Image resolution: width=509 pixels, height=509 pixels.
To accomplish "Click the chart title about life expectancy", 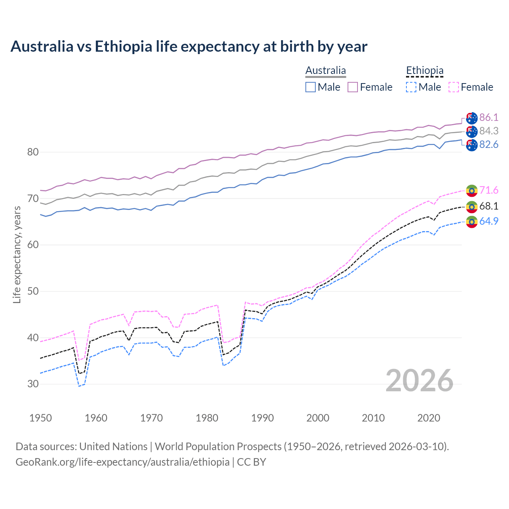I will (189, 47).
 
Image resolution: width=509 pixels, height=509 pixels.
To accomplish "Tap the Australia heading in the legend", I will (325, 70).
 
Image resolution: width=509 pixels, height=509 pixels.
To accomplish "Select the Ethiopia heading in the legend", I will (424, 70).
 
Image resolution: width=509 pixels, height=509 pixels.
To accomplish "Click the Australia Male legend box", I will (311, 87).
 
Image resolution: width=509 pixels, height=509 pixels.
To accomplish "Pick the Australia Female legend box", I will (353, 87).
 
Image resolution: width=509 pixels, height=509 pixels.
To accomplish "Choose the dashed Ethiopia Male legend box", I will (411, 87).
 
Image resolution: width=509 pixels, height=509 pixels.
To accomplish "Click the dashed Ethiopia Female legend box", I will (454, 87).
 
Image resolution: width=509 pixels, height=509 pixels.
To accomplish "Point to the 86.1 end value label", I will (489, 117).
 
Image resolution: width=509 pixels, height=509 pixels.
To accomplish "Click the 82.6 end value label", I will (489, 144).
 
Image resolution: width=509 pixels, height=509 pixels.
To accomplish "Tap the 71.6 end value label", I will (489, 190).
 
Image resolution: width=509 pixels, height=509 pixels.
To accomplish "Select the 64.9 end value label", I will (489, 221).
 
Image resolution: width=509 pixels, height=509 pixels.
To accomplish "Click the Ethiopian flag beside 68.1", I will (472, 206).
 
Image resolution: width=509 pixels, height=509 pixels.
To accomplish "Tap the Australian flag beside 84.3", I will (472, 131).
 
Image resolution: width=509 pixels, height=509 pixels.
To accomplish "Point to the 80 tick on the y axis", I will (33, 152).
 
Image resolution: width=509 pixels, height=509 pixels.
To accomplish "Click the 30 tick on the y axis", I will (33, 384).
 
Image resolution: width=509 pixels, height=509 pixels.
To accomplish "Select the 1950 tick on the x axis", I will (41, 418).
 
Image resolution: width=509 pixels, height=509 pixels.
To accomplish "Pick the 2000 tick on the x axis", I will (318, 418).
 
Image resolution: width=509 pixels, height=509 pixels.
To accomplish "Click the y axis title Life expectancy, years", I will (17, 254).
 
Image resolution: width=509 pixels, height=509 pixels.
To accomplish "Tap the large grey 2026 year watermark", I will (419, 381).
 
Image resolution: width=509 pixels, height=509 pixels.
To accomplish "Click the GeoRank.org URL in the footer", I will (122, 462).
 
